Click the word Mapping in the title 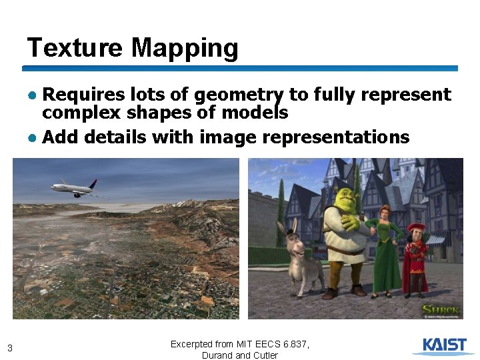[x=185, y=48]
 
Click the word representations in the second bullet [x=336, y=137]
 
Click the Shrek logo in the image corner [x=439, y=310]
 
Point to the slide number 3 [x=9, y=347]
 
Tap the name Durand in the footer [x=217, y=355]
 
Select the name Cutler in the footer [x=264, y=355]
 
